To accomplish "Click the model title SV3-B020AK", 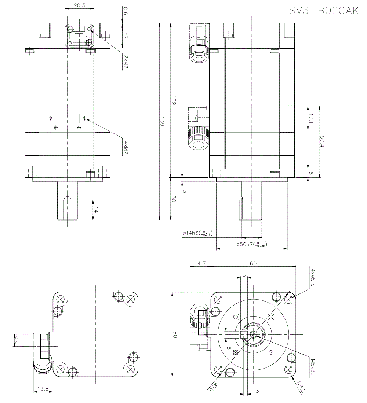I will pyautogui.click(x=323, y=11).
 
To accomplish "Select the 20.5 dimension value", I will pyautogui.click(x=79, y=5).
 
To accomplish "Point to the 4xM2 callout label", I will pyautogui.click(x=125, y=147).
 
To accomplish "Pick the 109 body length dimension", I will pyautogui.click(x=174, y=101).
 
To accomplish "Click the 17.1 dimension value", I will pyautogui.click(x=311, y=118).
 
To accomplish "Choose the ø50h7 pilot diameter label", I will pyautogui.click(x=250, y=244).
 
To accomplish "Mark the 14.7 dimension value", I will pyautogui.click(x=200, y=263).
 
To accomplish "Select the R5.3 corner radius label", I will pyautogui.click(x=301, y=386).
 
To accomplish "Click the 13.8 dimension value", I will pyautogui.click(x=43, y=389).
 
